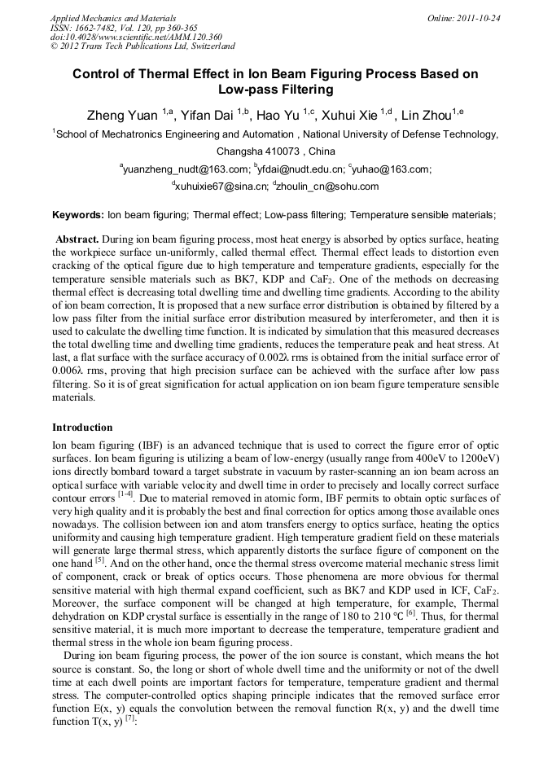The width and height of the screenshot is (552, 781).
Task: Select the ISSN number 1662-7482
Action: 101,28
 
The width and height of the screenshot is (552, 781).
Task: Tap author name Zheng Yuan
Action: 122,115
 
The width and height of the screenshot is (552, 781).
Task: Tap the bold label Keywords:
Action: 78,215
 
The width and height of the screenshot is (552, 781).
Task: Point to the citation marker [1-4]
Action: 124,493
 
